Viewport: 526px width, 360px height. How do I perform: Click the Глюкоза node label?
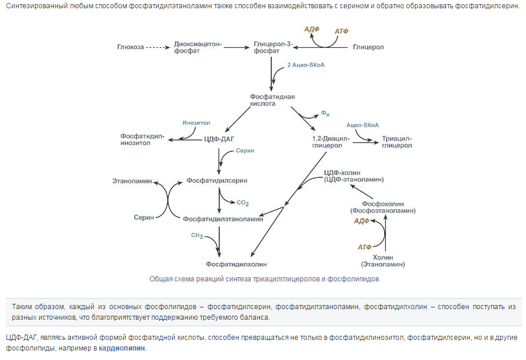tap(131, 46)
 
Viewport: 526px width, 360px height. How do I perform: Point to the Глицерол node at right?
tap(368, 46)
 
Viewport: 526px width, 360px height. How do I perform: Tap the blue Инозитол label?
tap(197, 123)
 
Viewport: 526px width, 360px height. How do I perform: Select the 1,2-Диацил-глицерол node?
tap(331, 141)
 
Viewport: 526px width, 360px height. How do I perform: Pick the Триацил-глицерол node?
tap(397, 141)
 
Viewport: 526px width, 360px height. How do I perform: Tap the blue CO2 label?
tap(243, 203)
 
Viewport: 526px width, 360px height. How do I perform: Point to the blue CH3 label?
tap(197, 236)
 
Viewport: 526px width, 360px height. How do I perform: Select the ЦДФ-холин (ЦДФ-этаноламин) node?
tap(354, 176)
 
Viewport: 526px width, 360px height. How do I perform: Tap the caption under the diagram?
tap(264, 278)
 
